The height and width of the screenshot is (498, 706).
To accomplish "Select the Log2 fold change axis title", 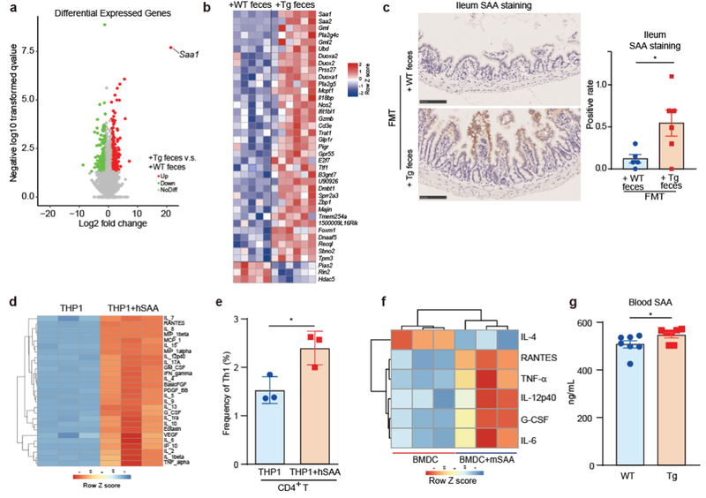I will (x=107, y=227).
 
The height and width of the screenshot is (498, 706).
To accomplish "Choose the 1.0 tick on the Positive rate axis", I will (x=598, y=85).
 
